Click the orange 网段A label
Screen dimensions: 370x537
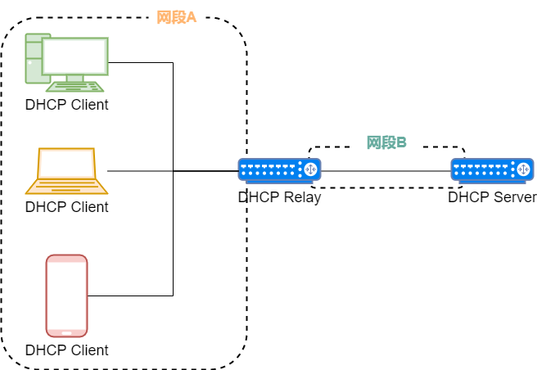[177, 17]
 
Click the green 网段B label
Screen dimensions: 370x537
[386, 142]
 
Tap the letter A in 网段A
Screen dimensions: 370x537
[192, 17]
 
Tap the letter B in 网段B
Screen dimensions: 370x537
[401, 142]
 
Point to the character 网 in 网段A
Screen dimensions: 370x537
[164, 17]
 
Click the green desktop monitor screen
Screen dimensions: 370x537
[74, 56]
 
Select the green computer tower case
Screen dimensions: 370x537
[33, 59]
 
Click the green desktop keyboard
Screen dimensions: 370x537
[75, 86]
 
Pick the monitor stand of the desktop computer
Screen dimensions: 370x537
[74, 78]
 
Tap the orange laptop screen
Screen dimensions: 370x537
[66, 164]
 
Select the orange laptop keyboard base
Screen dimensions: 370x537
[66, 187]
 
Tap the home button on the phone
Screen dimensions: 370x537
[66, 332]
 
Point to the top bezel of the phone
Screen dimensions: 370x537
[66, 259]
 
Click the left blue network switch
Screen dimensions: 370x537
[279, 169]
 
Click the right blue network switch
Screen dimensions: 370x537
[492, 169]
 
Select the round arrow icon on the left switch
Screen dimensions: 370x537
[310, 169]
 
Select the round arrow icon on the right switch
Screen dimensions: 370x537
[523, 169]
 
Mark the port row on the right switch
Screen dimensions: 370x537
[482, 169]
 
